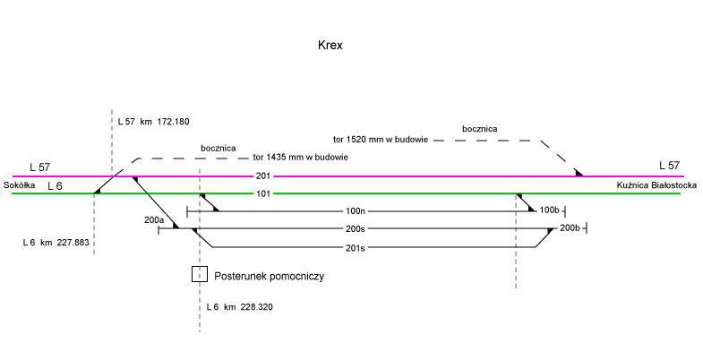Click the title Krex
click(330, 45)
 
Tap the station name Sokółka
click(20, 184)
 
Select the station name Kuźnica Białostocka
click(657, 184)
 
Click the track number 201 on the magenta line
click(262, 176)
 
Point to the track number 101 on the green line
click(262, 193)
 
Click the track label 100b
click(549, 211)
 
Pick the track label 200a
click(154, 219)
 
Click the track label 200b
click(570, 229)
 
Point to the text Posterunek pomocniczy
click(269, 277)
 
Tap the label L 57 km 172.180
click(154, 121)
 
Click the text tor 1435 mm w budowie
click(300, 157)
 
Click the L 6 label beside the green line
click(55, 185)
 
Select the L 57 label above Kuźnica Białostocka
click(670, 165)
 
